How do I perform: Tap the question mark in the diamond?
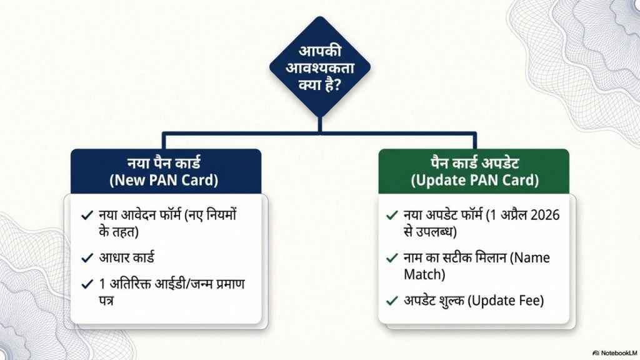(x=337, y=85)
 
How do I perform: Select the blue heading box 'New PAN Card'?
(x=166, y=171)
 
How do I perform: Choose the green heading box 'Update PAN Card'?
(x=474, y=171)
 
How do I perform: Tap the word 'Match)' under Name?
(x=424, y=274)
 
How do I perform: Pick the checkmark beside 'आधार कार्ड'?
(x=87, y=258)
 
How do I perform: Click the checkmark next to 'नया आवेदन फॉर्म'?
(x=87, y=215)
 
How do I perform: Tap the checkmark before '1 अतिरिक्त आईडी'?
(x=87, y=284)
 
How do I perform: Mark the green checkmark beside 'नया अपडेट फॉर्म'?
(x=392, y=215)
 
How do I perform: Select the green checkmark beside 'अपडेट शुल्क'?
(x=392, y=301)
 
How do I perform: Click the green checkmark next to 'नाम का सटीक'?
(x=392, y=258)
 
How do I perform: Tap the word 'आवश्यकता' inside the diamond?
(x=320, y=67)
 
